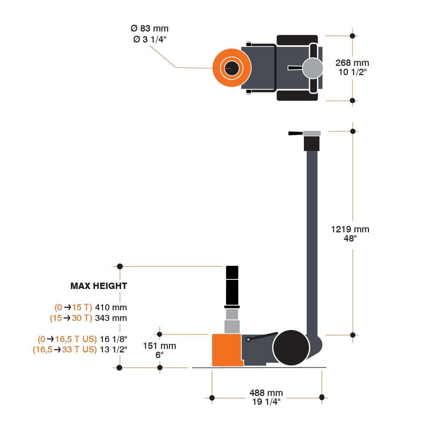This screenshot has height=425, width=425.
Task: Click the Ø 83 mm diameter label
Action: (x=149, y=29)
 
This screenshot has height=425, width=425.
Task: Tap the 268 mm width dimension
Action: (x=352, y=63)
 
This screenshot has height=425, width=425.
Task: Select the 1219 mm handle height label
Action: (x=350, y=229)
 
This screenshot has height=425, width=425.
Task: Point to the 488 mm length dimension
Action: (x=266, y=393)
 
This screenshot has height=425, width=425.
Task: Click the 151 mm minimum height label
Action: (x=159, y=346)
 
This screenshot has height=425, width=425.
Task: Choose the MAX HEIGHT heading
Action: (x=98, y=286)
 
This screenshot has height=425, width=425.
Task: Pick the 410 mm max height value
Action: (x=111, y=307)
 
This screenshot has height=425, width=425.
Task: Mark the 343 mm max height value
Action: (x=111, y=318)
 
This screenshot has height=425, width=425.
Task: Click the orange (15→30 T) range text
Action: (x=71, y=318)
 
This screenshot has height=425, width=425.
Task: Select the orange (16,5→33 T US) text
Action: (x=64, y=350)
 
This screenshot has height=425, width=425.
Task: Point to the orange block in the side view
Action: (x=226, y=350)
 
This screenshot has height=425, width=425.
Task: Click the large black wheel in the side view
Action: (x=291, y=348)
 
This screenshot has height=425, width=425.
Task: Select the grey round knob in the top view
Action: (x=313, y=68)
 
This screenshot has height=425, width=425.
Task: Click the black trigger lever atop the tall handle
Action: (x=295, y=134)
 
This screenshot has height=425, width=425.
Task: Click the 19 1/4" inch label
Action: (x=266, y=402)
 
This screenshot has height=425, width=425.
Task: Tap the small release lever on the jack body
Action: (x=263, y=336)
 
